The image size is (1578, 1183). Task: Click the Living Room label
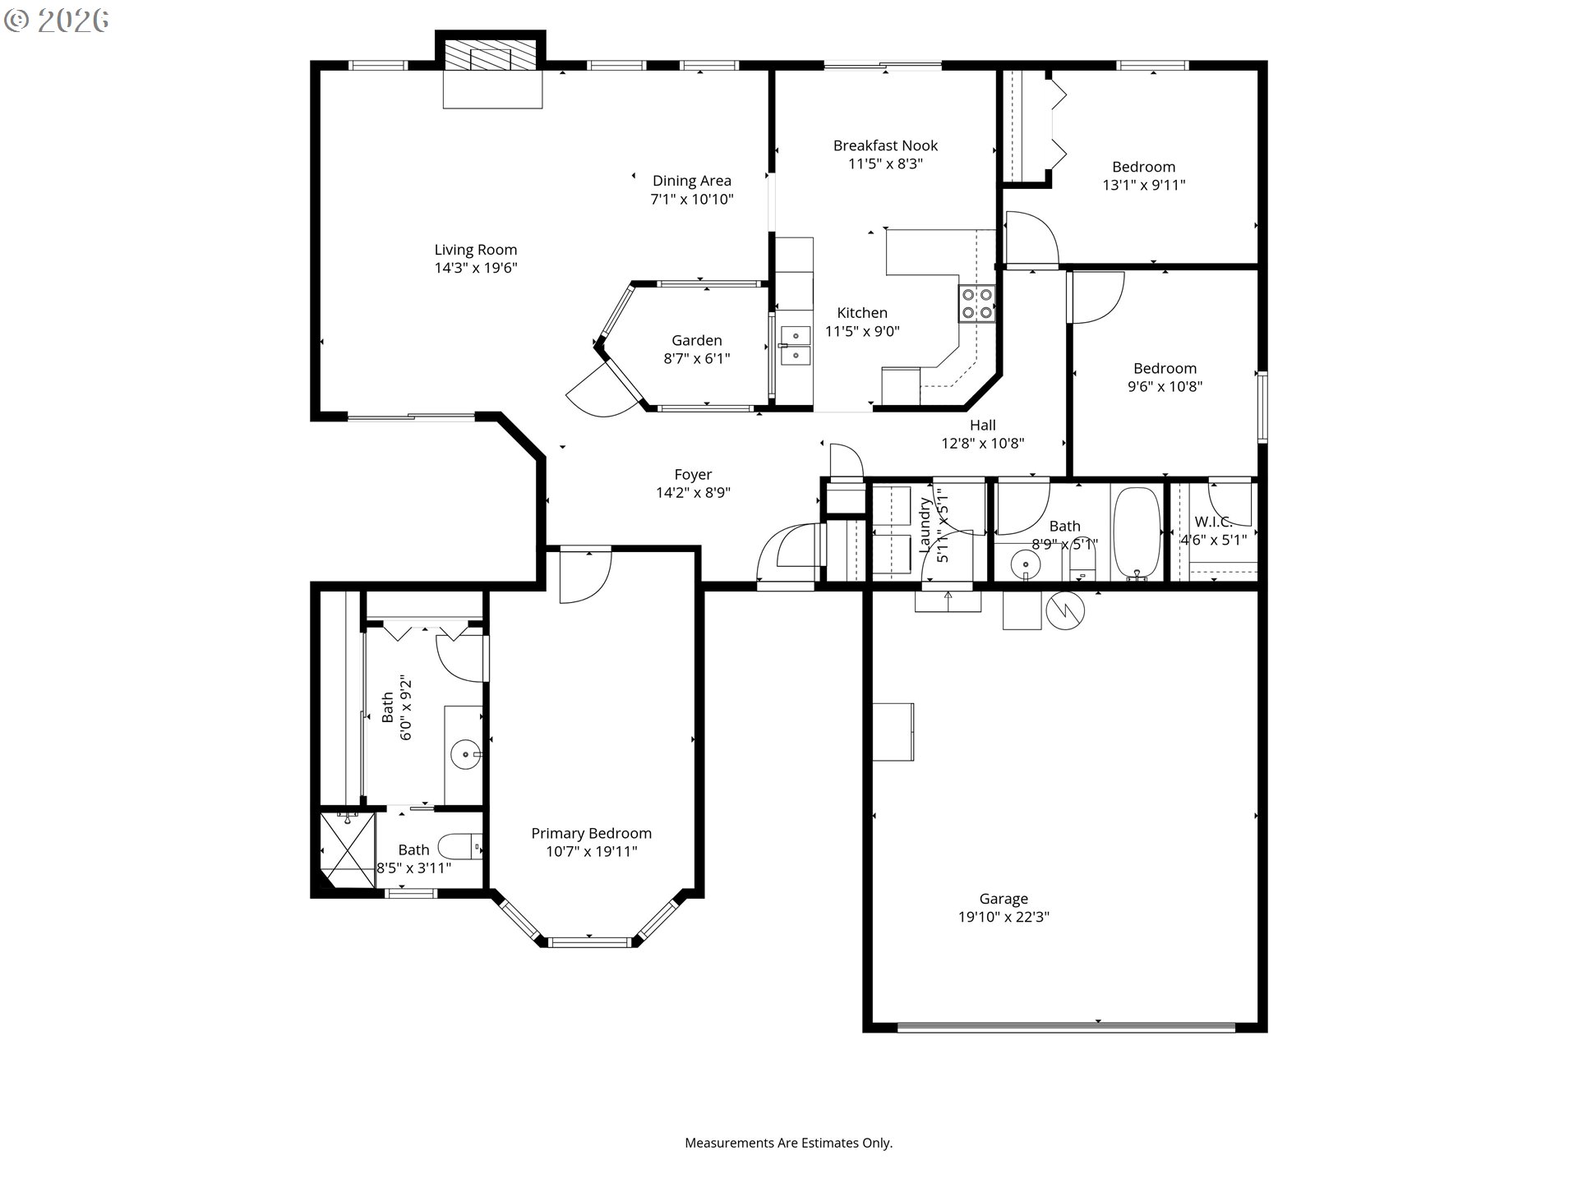476,250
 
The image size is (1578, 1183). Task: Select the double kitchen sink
795,345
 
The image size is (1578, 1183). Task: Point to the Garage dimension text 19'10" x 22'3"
1004,917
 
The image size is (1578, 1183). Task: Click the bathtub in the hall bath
1136,532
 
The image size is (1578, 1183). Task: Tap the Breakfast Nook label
885,145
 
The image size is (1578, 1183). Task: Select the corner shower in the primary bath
347,849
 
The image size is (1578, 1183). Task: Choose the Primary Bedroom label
591,833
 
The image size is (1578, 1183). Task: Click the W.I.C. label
1213,522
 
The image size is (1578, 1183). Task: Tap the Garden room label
696,340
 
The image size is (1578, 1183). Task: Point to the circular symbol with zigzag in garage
1065,610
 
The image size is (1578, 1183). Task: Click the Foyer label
693,474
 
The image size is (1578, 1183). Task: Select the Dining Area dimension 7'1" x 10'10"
692,199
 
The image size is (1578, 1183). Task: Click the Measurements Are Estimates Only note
788,1143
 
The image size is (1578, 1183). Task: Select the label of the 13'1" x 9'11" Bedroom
1143,167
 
